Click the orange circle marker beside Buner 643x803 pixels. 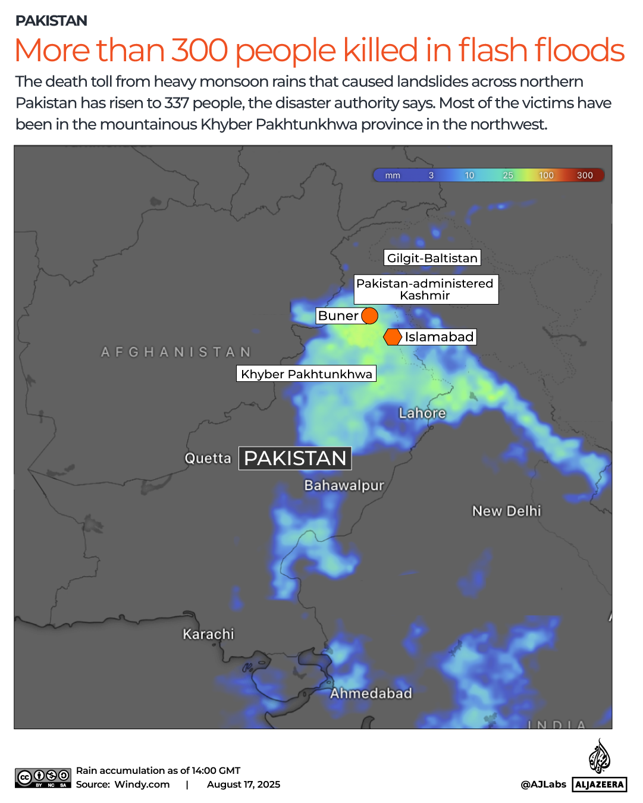pos(369,316)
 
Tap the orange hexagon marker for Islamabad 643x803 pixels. pos(393,337)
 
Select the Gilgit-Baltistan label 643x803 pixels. pos(432,258)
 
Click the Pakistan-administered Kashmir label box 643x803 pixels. pos(425,289)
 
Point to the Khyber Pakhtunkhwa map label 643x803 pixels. pos(306,374)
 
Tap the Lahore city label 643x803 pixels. pos(422,413)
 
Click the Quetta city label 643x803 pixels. pos(208,458)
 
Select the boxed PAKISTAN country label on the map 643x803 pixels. pos(295,458)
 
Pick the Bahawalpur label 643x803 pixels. pos(344,485)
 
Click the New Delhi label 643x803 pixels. pos(507,511)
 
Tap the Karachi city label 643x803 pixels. pos(208,634)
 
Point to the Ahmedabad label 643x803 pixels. pos(371,693)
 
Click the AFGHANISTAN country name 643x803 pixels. pos(176,352)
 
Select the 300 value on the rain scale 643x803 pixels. pos(585,175)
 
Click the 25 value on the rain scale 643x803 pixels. pos(508,175)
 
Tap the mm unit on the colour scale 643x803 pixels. pos(393,175)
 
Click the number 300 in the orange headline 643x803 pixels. pos(200,50)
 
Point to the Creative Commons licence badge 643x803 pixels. pos(43,778)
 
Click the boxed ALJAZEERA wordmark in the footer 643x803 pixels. pos(600,784)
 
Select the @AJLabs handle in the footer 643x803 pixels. pos(543,784)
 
